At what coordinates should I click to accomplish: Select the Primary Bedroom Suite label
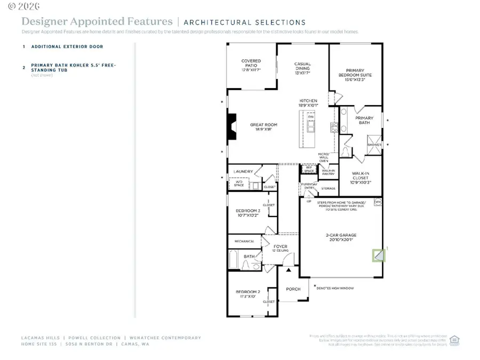click(x=355, y=73)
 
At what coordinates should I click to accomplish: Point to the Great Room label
click(x=263, y=127)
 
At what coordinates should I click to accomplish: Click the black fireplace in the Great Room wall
click(x=231, y=127)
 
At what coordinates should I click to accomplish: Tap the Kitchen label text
click(x=308, y=103)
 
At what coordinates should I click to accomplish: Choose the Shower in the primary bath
click(x=374, y=145)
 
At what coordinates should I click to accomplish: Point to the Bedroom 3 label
click(x=248, y=213)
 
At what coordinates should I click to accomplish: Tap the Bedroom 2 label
click(x=248, y=294)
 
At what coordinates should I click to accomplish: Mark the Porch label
click(x=293, y=289)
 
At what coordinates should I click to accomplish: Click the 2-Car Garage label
click(x=341, y=237)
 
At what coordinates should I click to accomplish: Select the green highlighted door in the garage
click(x=378, y=255)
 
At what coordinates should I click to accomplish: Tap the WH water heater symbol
click(x=378, y=202)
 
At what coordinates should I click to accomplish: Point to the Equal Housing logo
click(x=455, y=340)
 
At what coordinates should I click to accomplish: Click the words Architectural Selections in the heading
click(x=244, y=22)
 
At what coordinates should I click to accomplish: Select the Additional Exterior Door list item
click(x=67, y=46)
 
